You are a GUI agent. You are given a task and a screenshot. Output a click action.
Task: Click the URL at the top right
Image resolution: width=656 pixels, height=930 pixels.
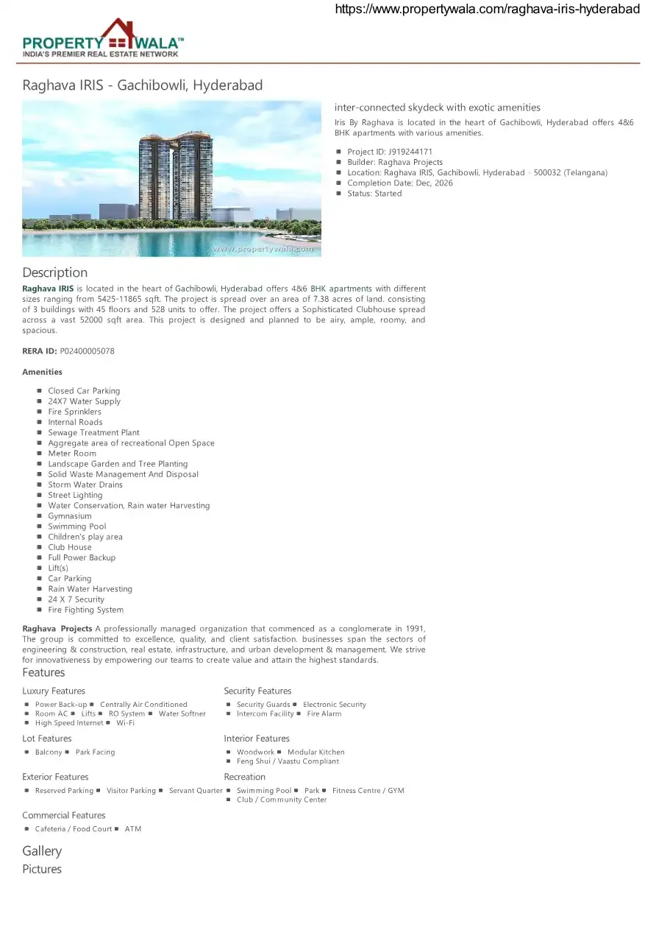click(487, 9)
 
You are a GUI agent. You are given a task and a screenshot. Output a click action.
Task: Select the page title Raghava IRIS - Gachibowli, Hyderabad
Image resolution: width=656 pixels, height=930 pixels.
click(142, 85)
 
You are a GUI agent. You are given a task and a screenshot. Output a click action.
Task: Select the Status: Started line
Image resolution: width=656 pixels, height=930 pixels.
click(374, 194)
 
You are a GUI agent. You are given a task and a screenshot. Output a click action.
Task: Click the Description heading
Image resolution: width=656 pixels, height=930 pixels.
click(54, 272)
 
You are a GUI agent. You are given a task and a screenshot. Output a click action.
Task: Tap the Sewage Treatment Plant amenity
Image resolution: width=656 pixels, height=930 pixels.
click(93, 433)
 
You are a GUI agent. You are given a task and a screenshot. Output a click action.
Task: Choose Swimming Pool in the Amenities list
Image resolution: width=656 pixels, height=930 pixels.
click(76, 526)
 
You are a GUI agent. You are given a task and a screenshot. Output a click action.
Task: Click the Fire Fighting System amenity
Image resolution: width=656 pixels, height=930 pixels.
click(85, 610)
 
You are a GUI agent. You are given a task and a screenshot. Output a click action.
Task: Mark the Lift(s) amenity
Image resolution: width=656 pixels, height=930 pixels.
click(58, 568)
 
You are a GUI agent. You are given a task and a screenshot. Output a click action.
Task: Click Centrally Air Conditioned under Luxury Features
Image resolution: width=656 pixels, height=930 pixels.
click(143, 705)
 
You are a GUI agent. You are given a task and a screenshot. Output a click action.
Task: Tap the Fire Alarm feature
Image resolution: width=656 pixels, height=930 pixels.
click(324, 714)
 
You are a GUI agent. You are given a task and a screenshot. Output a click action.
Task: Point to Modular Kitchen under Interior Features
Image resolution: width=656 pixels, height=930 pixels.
click(315, 752)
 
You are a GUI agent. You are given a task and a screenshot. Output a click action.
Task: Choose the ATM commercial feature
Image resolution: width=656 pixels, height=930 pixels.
click(132, 829)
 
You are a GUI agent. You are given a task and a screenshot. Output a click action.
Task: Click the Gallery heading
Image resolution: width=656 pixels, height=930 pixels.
click(42, 851)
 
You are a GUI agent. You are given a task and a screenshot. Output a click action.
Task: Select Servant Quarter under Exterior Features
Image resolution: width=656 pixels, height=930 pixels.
click(196, 791)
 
